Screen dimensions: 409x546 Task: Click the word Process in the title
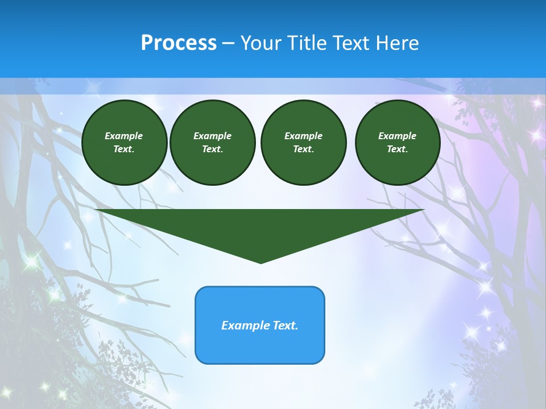tap(179, 43)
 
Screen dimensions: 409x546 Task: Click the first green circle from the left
tap(125, 143)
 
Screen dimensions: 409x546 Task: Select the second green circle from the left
tap(213, 143)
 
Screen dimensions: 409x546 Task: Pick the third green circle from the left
tap(303, 143)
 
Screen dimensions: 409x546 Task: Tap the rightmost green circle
tap(398, 143)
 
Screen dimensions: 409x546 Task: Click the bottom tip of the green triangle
tap(260, 262)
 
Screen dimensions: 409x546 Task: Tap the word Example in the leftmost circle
tap(124, 136)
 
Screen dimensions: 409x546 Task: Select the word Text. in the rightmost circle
tap(397, 149)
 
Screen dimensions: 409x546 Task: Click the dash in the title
tap(228, 43)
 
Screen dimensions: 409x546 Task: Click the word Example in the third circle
tap(303, 136)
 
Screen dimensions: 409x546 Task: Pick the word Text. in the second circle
tap(212, 149)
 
